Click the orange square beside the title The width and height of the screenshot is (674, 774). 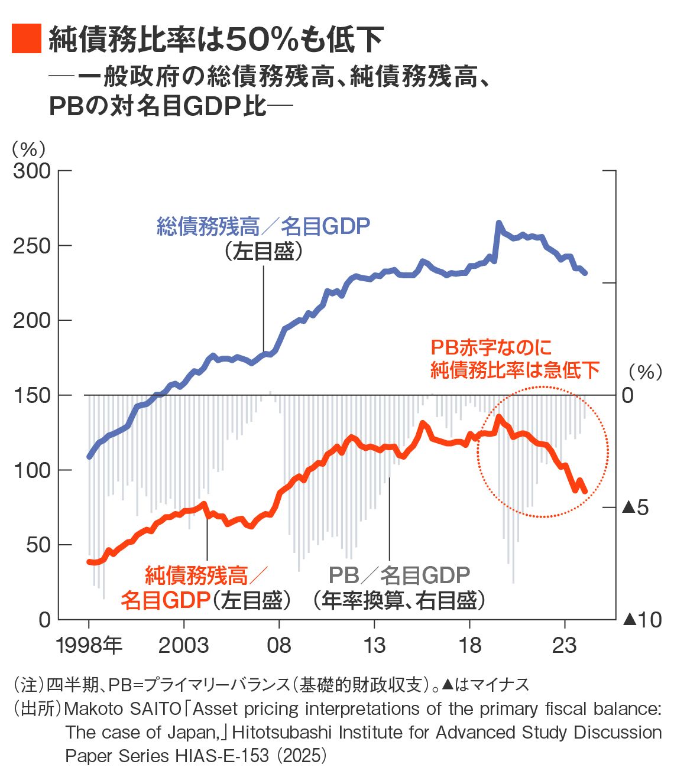coord(27,39)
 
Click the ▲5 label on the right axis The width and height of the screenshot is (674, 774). coord(636,508)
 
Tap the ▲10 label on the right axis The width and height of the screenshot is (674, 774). coord(641,620)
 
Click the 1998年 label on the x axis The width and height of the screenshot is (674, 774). coord(89,645)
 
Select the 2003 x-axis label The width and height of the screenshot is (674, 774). coord(184,645)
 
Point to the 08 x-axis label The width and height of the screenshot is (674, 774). coord(279,645)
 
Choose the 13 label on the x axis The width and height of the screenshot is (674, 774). coord(374,645)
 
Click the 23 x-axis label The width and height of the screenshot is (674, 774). coord(565,645)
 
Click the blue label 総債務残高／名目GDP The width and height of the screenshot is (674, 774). coord(264,226)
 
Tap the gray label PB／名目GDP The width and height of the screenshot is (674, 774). coord(400,575)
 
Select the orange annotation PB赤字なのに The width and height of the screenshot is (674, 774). coord(491,347)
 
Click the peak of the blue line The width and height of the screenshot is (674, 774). coord(499,223)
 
